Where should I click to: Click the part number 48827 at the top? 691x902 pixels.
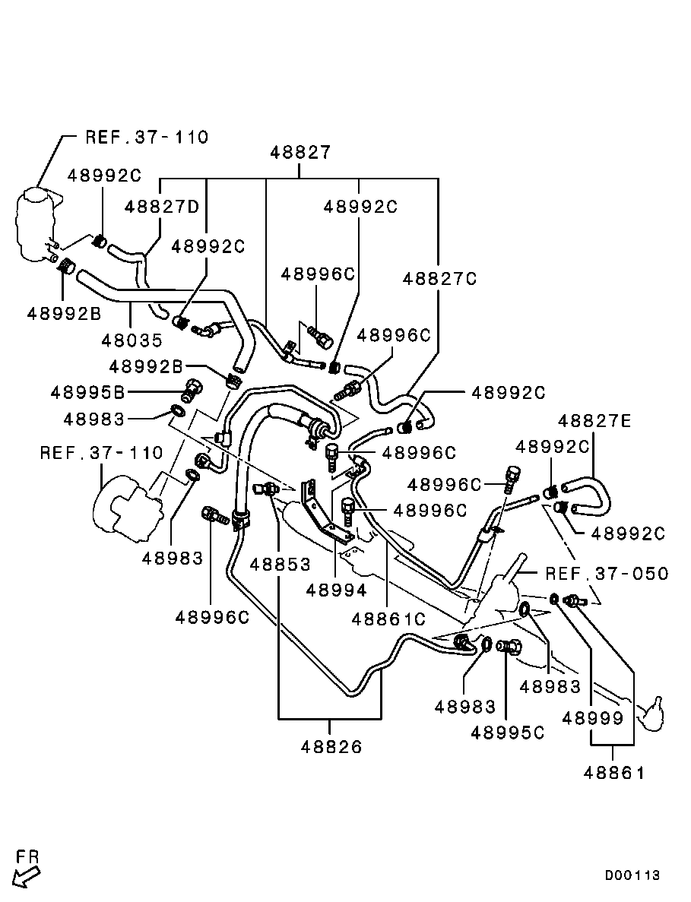click(x=300, y=153)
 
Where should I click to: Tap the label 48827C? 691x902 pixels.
click(x=439, y=279)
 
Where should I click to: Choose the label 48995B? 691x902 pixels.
click(x=88, y=393)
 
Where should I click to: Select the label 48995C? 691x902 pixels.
click(x=507, y=733)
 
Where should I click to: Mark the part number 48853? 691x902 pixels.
click(x=280, y=565)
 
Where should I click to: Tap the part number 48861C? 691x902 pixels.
click(x=388, y=619)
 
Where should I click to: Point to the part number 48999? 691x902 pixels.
click(x=593, y=718)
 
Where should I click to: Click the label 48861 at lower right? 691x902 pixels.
click(x=614, y=773)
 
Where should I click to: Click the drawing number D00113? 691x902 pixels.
click(x=632, y=875)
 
